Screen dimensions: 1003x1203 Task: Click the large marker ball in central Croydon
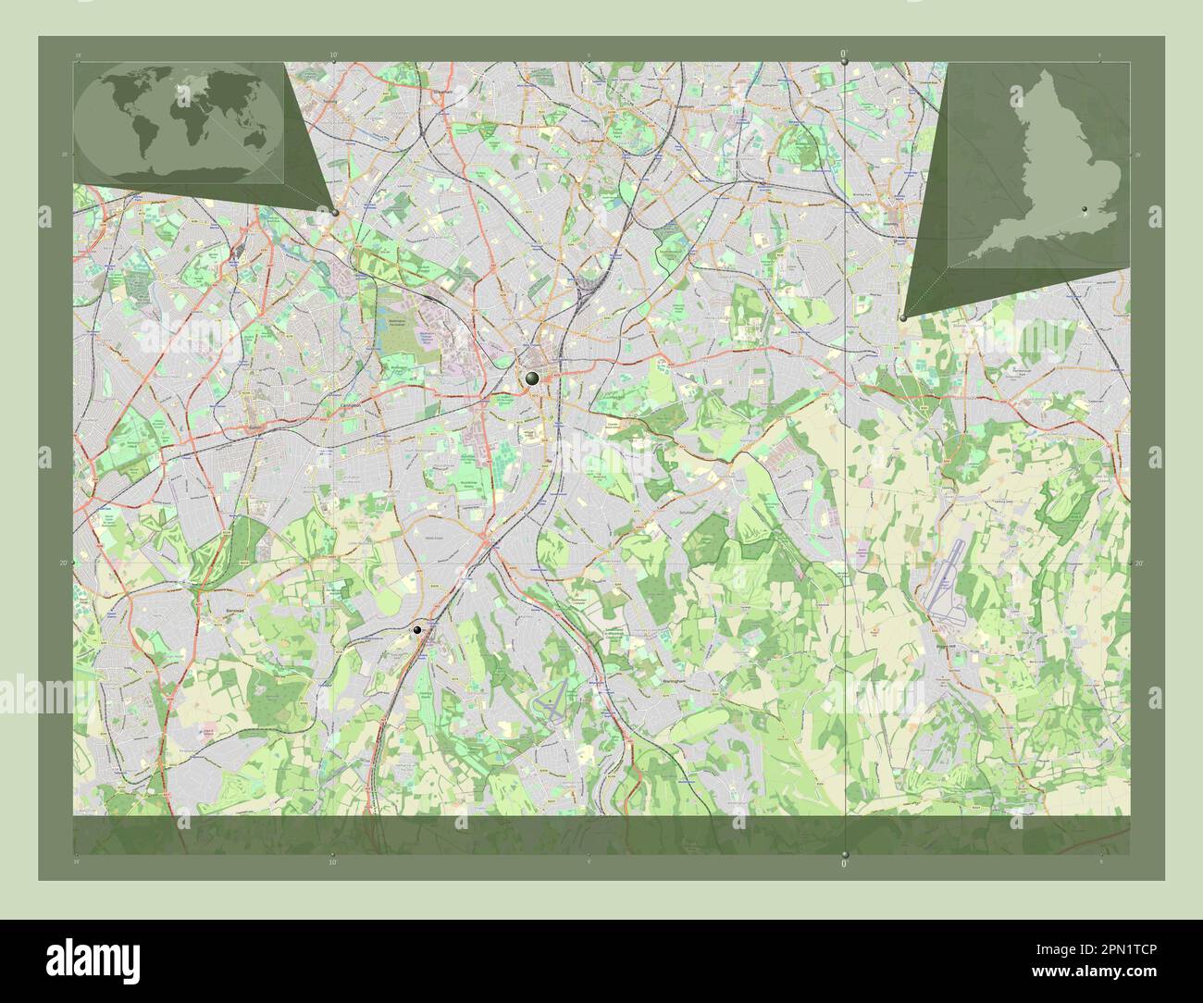(x=532, y=378)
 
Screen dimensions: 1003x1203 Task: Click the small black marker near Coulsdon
(x=418, y=629)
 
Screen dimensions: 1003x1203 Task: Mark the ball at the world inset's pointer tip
(x=334, y=212)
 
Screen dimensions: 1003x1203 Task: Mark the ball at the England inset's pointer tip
(x=902, y=317)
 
